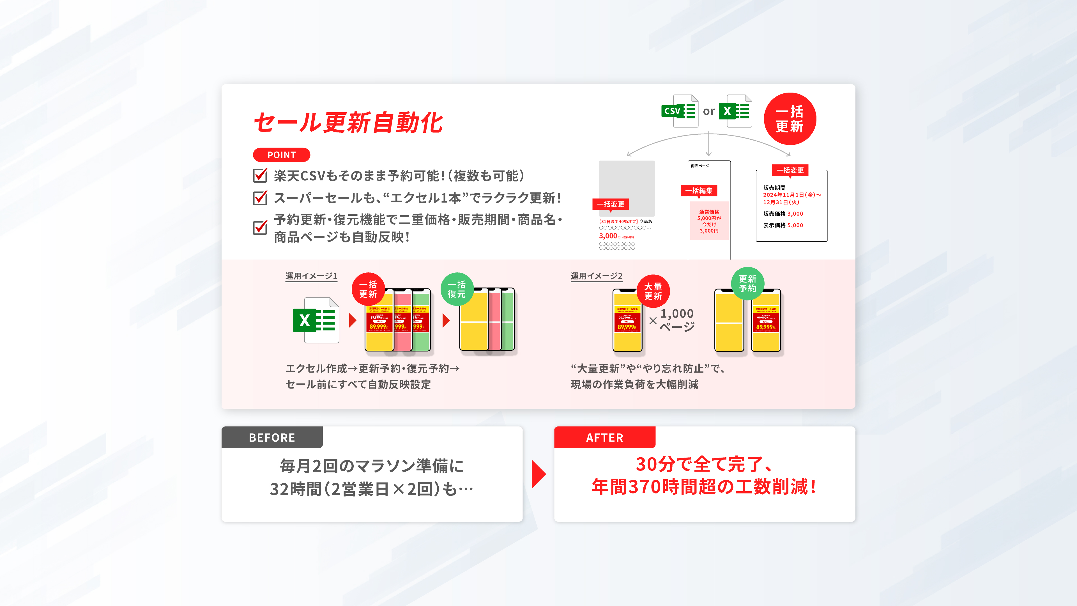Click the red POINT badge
click(x=281, y=155)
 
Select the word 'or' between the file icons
click(x=709, y=112)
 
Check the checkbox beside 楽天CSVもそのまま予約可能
click(x=260, y=175)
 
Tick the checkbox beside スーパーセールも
click(x=260, y=198)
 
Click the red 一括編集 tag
click(x=699, y=191)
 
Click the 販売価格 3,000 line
click(x=783, y=214)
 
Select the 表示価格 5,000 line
click(x=783, y=225)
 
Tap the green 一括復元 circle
click(x=457, y=289)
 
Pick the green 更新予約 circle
click(x=747, y=283)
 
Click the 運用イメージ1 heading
click(x=311, y=276)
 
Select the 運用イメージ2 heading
click(x=596, y=276)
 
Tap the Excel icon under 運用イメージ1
click(x=316, y=320)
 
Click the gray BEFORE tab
click(x=272, y=437)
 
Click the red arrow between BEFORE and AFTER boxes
click(x=538, y=474)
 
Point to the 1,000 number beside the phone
click(x=677, y=314)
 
